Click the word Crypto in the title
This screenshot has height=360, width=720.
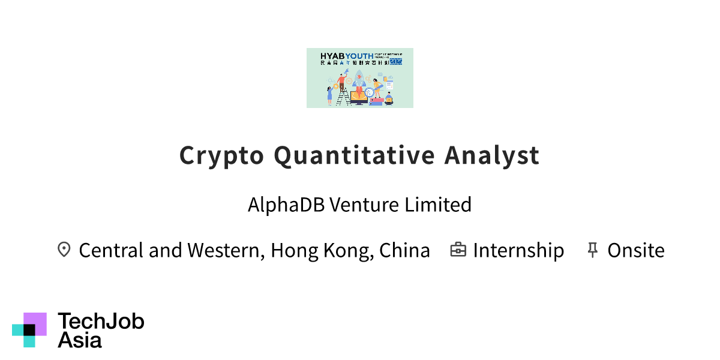click(x=221, y=155)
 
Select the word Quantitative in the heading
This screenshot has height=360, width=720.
click(x=354, y=155)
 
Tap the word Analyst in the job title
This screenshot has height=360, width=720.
click(x=492, y=155)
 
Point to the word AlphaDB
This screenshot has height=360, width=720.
click(x=286, y=205)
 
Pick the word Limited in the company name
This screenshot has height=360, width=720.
click(x=437, y=205)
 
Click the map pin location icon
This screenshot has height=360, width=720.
click(x=64, y=250)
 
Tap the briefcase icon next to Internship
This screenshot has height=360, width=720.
click(x=458, y=250)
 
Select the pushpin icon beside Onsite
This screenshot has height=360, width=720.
click(x=592, y=250)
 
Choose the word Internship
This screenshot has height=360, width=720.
click(x=518, y=250)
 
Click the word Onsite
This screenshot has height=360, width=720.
click(x=636, y=250)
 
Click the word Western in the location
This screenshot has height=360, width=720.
click(x=225, y=250)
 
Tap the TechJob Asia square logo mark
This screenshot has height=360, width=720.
click(x=29, y=329)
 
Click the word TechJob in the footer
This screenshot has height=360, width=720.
click(x=101, y=322)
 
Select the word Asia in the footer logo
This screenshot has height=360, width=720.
click(x=80, y=340)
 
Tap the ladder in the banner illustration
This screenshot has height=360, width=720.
click(x=343, y=96)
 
